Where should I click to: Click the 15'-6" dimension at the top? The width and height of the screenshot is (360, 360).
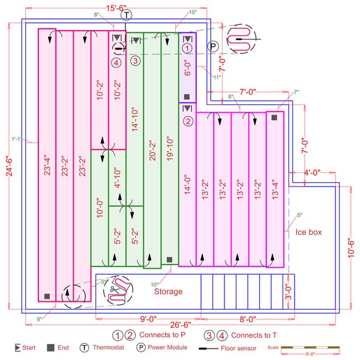115,7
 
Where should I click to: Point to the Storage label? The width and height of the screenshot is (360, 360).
168,292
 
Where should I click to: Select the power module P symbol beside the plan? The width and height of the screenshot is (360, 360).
214,47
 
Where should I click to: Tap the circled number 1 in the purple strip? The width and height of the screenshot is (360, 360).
187,47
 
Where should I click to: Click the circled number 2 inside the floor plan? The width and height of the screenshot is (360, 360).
187,121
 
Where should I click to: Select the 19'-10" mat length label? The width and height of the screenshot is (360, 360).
169,156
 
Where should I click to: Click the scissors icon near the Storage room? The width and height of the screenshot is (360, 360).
112,290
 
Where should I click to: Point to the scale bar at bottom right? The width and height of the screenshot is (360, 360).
311,348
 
